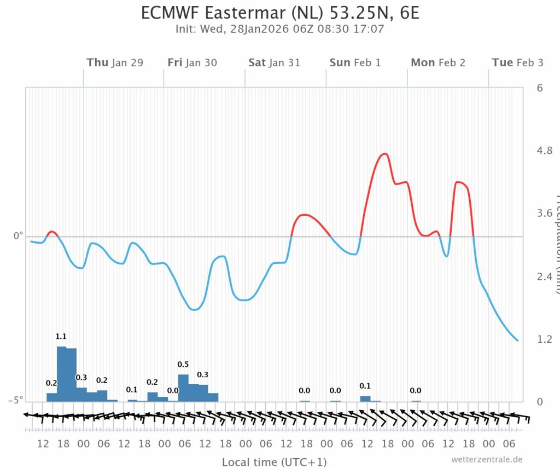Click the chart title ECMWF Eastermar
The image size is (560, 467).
280,12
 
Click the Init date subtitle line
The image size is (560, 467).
280,28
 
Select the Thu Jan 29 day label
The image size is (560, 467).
115,62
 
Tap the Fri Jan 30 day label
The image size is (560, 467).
192,62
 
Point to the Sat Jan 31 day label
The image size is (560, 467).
274,62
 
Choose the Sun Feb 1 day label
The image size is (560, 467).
355,62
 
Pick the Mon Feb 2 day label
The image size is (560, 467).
437,62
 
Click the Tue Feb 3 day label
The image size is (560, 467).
517,62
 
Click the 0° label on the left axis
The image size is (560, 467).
19,236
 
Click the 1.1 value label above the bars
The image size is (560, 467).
61,337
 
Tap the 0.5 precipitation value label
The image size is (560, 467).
183,365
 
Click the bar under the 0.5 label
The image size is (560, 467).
183,388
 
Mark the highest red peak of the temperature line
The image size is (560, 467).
385,154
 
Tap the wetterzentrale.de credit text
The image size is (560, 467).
487,459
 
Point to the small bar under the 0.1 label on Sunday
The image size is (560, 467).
365,399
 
